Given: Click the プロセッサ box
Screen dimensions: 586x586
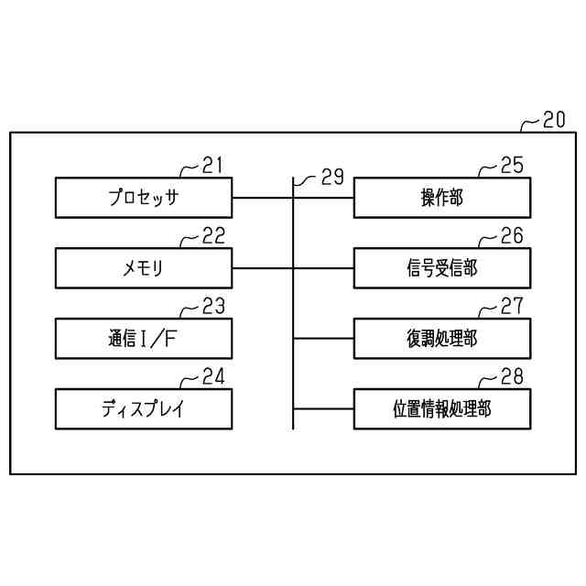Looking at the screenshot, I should click(x=144, y=198).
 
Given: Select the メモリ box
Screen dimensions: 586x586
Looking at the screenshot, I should click(x=144, y=268).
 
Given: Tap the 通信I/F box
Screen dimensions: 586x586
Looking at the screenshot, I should click(x=144, y=339).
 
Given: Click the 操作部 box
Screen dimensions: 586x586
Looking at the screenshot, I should click(x=441, y=198).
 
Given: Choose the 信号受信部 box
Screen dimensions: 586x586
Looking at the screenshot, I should click(x=441, y=268).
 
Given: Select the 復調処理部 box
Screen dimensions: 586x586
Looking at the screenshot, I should click(x=441, y=339).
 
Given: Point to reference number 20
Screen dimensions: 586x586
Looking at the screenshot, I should click(x=554, y=120).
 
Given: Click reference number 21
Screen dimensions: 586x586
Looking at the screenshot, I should click(x=212, y=165).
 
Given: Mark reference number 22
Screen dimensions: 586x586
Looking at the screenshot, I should click(x=212, y=236).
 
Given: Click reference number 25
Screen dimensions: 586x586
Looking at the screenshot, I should click(x=512, y=165).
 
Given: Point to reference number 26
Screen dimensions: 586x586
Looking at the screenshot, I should click(x=512, y=236).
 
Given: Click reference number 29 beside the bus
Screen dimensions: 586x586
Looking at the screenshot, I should click(x=331, y=178).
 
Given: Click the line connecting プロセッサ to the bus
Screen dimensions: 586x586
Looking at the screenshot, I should click(x=264, y=198).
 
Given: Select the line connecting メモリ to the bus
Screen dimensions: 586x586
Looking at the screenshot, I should click(x=264, y=268).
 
